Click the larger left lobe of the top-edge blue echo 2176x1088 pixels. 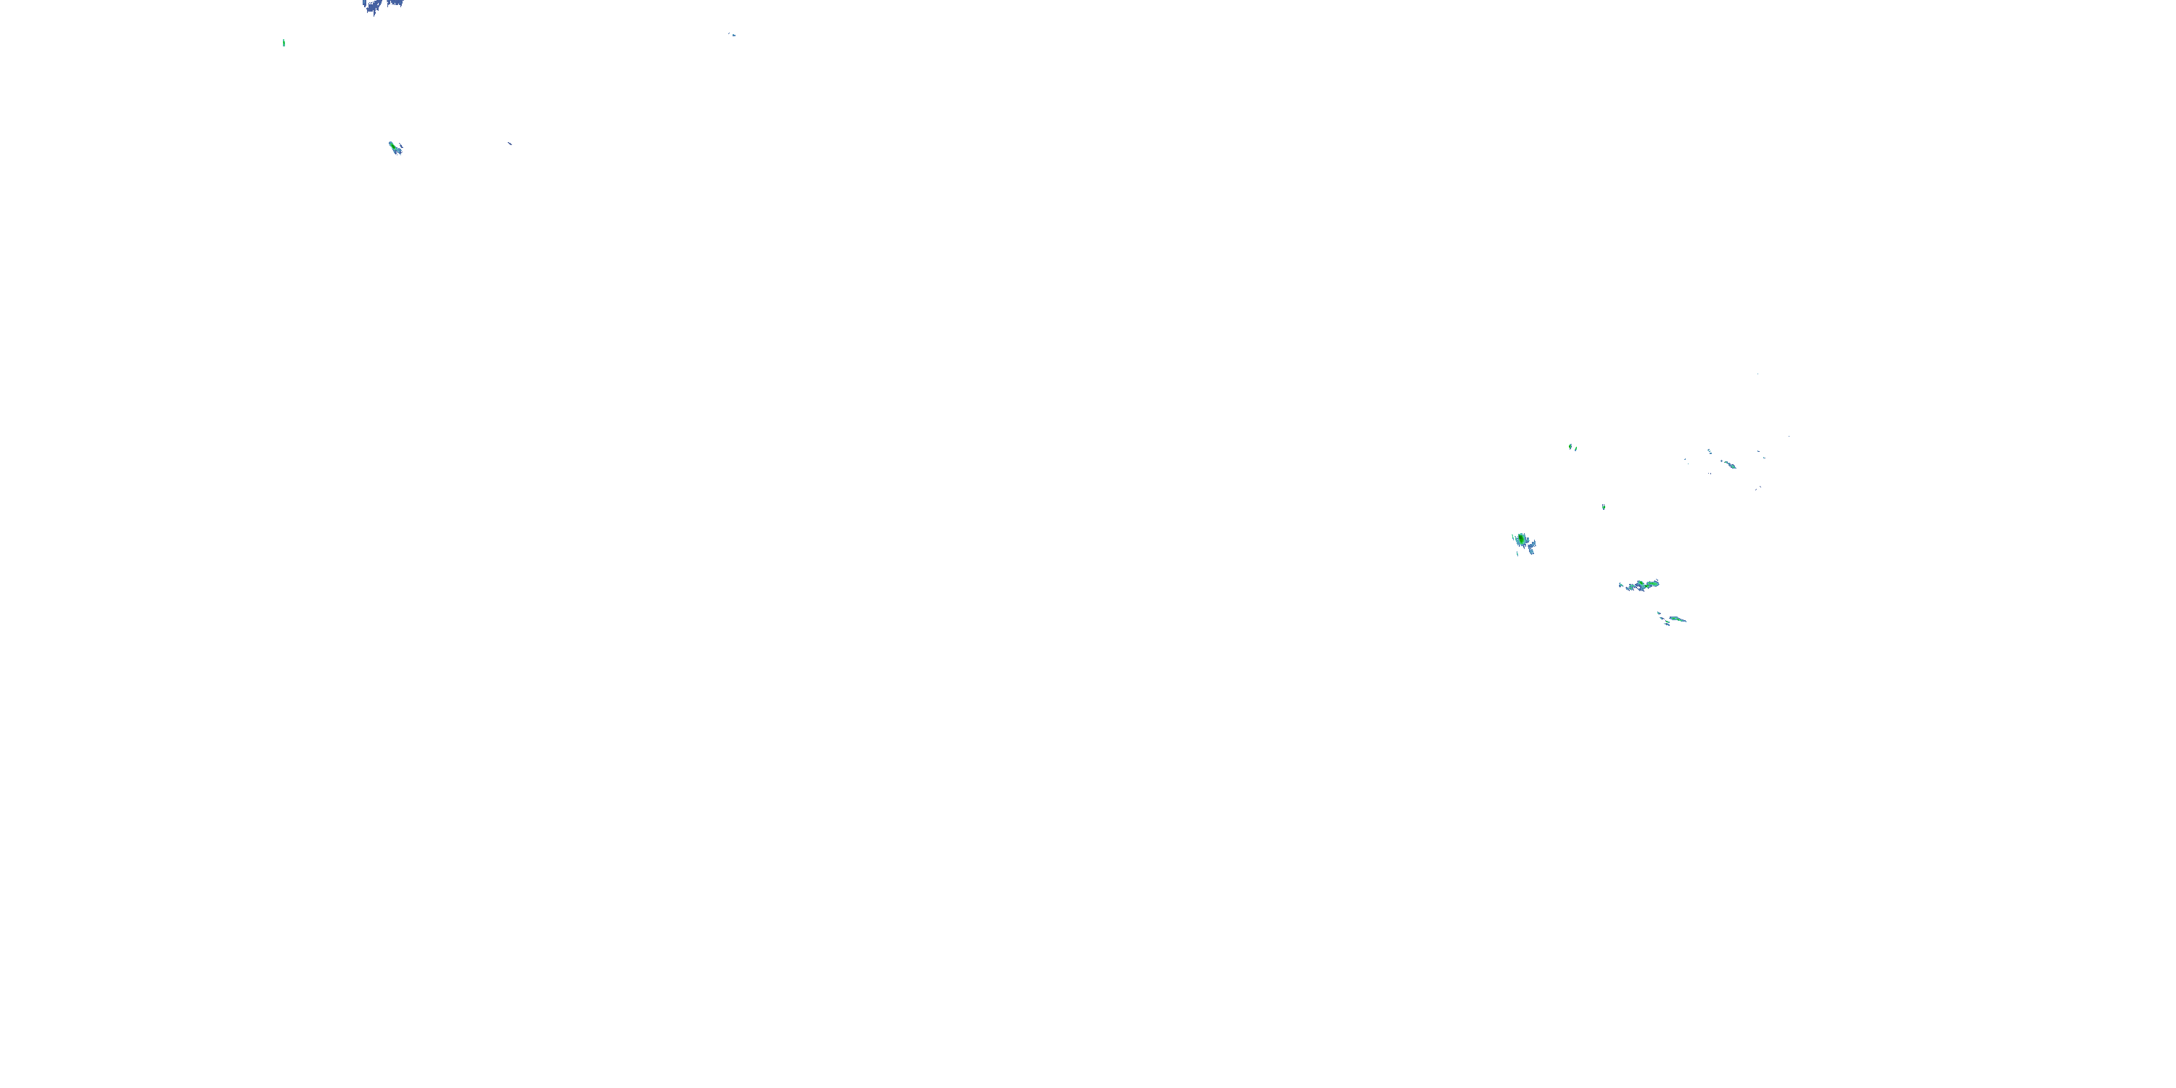click(371, 7)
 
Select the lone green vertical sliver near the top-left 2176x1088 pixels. click(284, 42)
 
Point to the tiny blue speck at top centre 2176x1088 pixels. click(733, 35)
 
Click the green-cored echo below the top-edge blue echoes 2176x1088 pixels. click(395, 148)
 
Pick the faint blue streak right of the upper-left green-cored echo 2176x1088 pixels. click(509, 144)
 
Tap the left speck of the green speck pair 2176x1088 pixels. click(1570, 446)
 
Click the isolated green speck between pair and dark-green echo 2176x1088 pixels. click(1603, 507)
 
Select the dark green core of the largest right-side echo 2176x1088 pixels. click(1521, 538)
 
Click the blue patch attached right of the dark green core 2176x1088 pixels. click(1530, 545)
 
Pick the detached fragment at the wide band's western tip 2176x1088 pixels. click(1621, 585)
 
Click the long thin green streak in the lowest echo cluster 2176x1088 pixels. click(1677, 619)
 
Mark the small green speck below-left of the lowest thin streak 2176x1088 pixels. click(1667, 625)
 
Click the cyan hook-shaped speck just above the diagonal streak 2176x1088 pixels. click(1709, 451)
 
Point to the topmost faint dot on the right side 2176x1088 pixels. click(1758, 374)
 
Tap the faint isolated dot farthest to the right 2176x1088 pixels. click(1788, 437)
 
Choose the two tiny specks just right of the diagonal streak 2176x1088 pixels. click(1762, 456)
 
